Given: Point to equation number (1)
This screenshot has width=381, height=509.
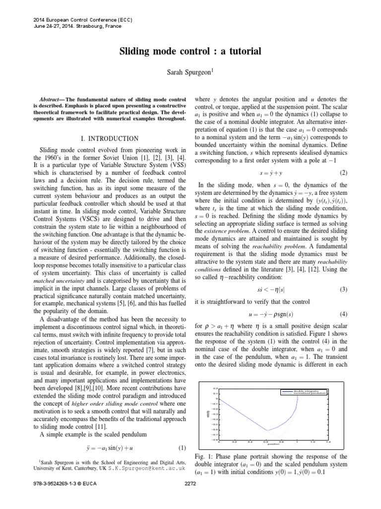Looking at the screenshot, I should [x=182, y=446].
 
